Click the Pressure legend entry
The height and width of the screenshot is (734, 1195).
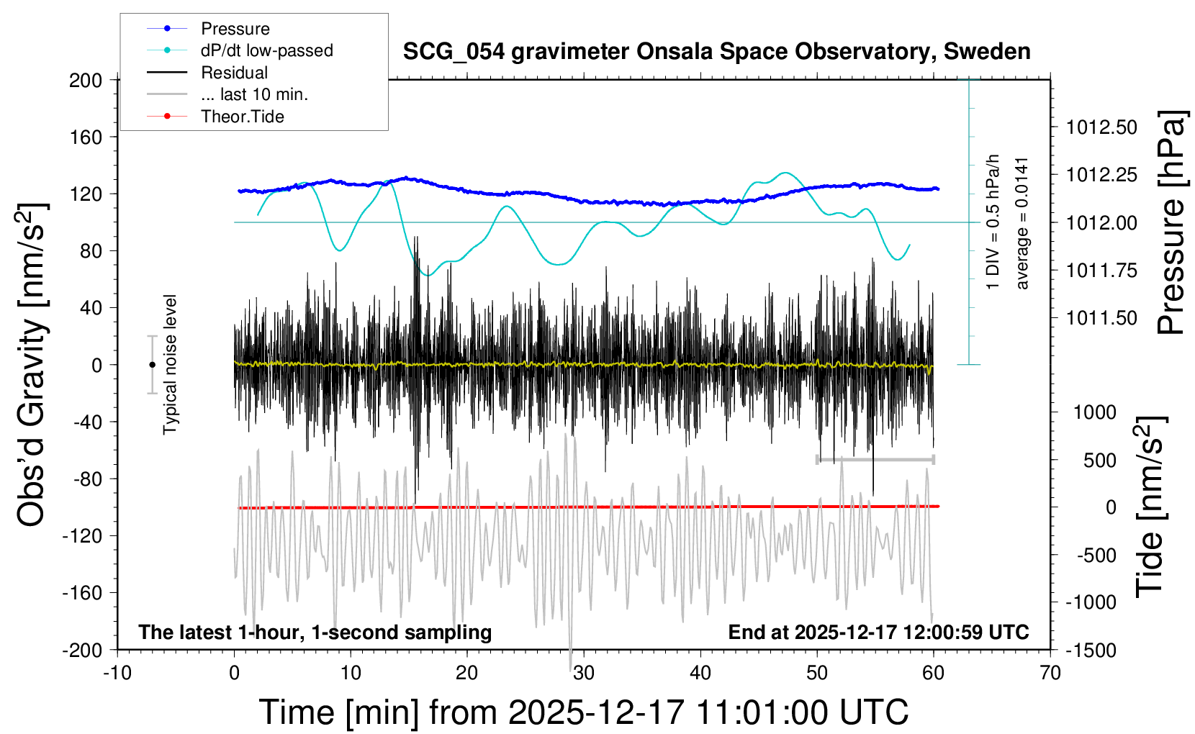coord(235,29)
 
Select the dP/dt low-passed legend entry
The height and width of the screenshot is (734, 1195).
coord(266,50)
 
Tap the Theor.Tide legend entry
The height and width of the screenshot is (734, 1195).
coord(242,117)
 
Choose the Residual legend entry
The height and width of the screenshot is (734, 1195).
coord(234,73)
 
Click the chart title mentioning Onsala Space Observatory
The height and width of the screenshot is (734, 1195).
coord(716,52)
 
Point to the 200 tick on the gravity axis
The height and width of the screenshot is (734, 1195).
coord(86,80)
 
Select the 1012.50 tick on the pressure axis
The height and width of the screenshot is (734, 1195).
coord(1101,127)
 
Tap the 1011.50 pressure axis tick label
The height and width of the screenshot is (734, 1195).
coord(1101,318)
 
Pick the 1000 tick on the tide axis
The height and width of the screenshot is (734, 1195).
coord(1095,412)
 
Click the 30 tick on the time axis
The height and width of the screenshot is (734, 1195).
coord(584,674)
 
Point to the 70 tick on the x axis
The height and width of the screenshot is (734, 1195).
coord(1050,674)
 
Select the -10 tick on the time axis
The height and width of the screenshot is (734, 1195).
coord(117,674)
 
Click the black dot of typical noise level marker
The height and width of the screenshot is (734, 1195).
coord(152,365)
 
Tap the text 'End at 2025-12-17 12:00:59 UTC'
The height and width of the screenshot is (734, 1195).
coord(878,633)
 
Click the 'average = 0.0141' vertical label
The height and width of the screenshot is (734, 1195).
coord(1022,223)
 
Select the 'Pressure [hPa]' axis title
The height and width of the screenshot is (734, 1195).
coord(1171,223)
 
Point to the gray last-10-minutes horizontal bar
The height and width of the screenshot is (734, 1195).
coord(875,459)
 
